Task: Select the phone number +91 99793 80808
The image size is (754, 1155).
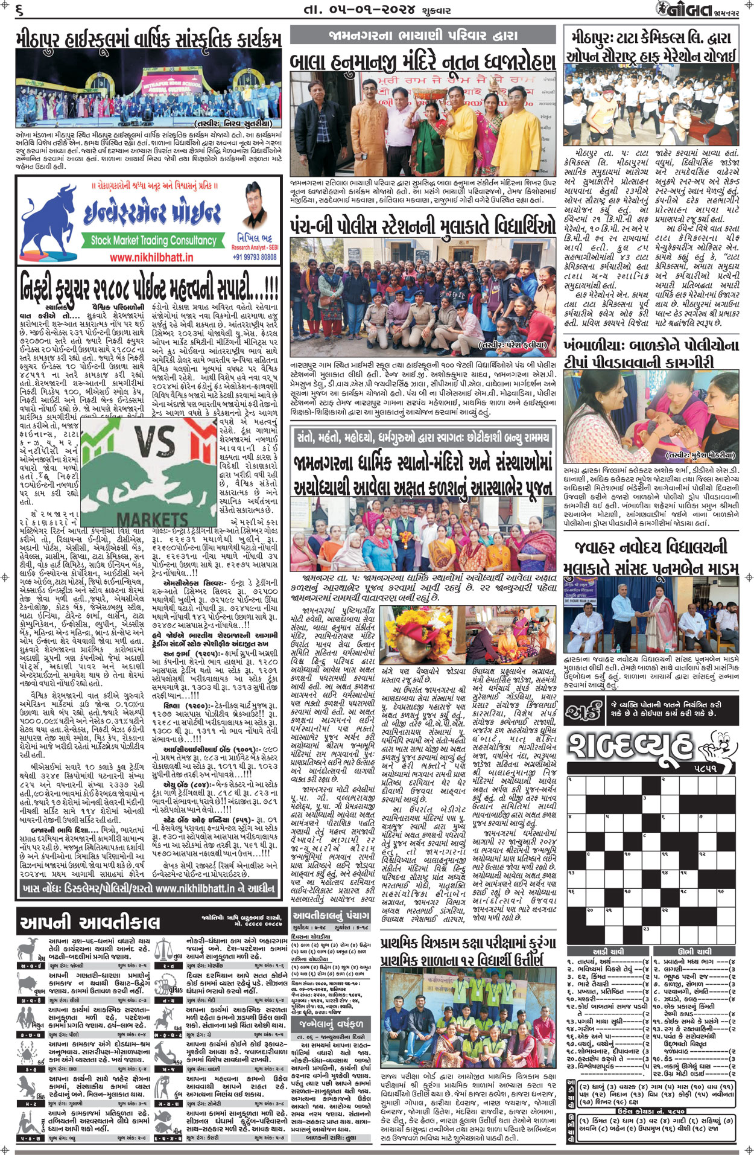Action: [255, 256]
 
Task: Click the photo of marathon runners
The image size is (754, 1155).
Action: [650, 106]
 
